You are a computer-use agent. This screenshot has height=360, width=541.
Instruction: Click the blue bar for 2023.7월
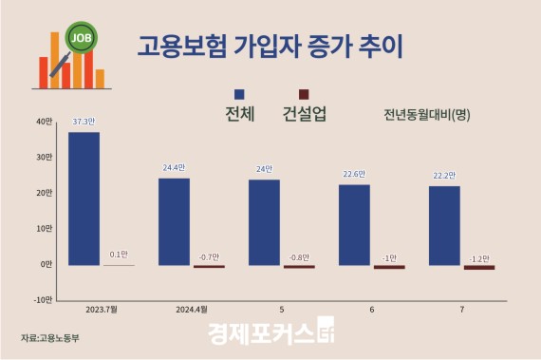tap(84, 198)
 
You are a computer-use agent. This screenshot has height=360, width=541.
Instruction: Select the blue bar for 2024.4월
tap(174, 221)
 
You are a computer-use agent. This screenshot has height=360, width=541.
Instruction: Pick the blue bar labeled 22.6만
tap(354, 224)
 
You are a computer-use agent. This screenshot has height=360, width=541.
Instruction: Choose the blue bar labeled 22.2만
tap(444, 225)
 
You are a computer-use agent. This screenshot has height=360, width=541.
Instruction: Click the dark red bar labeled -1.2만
tap(479, 267)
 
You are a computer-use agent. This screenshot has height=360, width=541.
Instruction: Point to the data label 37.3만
tap(84, 123)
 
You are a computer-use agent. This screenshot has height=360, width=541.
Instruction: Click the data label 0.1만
tap(119, 255)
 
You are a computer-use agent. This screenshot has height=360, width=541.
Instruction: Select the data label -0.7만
tap(209, 256)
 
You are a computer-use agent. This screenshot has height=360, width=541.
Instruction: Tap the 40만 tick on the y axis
tap(44, 121)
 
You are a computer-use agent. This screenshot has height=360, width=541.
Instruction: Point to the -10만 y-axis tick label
tap(42, 300)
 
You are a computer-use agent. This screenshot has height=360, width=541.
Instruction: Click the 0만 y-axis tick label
tap(45, 264)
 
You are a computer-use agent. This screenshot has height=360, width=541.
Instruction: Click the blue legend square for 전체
tap(239, 94)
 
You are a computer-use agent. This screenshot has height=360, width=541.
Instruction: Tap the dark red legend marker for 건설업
tap(304, 94)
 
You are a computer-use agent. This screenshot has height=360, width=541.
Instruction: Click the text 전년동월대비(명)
tap(427, 116)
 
